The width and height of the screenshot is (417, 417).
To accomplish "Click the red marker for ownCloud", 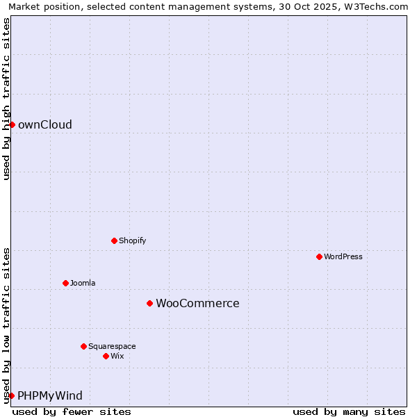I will [12, 124].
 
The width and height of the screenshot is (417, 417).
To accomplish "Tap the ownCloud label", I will [44, 125].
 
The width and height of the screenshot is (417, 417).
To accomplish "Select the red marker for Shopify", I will [114, 240].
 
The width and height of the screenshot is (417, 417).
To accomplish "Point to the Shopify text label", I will [132, 241].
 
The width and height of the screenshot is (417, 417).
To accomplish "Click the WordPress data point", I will [319, 256].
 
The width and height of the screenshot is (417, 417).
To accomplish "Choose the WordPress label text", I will [343, 257].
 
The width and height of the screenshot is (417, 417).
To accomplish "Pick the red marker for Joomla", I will [65, 283].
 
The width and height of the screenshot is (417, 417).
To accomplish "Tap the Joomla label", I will [83, 284].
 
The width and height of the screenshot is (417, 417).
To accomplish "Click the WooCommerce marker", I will [149, 303].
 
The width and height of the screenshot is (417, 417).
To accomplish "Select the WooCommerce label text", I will [197, 304].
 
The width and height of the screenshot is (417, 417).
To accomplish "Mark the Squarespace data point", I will [83, 346].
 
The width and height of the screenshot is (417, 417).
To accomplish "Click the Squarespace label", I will [112, 347].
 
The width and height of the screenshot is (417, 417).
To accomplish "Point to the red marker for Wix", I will [106, 356].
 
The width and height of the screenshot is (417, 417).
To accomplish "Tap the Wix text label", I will [117, 357].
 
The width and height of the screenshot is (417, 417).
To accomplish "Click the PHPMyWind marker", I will [11, 395].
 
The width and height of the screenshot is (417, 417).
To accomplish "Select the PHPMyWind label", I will [49, 396].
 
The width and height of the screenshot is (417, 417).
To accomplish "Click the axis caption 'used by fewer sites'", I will [72, 412].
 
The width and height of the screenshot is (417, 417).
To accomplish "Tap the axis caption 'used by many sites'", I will [349, 412].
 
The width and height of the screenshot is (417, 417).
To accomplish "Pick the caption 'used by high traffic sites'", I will [6, 99].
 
